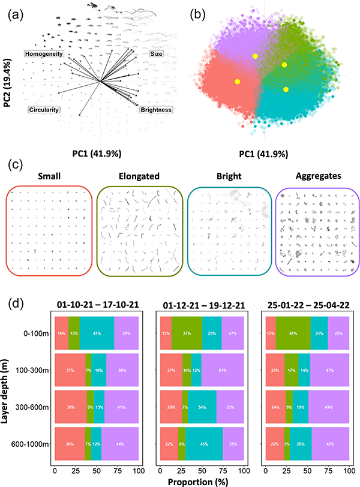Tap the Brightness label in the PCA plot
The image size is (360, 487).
(156, 110)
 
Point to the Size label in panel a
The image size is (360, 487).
(156, 54)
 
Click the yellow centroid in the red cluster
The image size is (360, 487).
(238, 81)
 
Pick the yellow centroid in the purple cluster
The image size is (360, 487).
(255, 56)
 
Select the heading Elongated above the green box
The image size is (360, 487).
(141, 177)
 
